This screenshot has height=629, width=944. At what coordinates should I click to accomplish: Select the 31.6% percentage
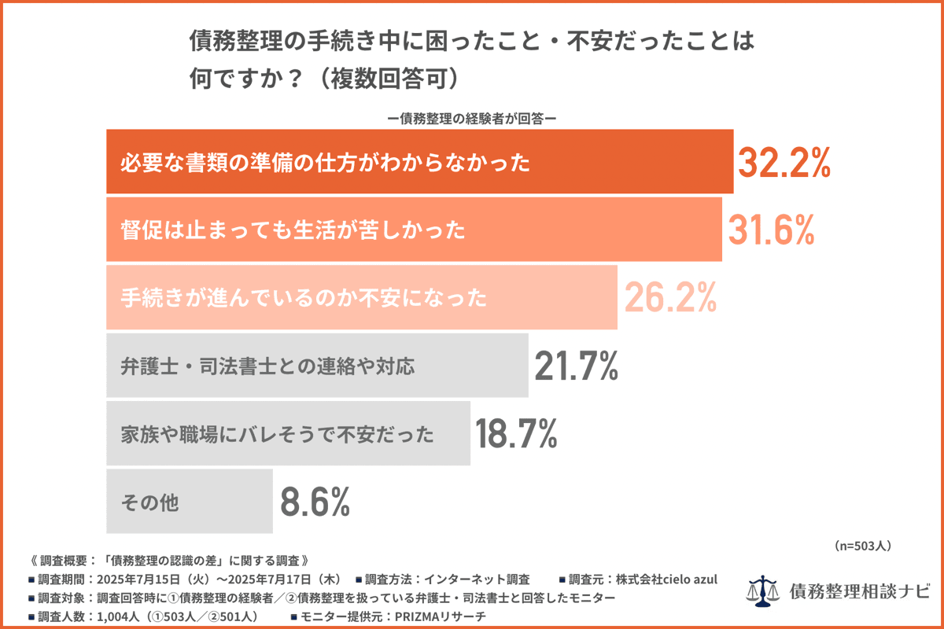(x=771, y=230)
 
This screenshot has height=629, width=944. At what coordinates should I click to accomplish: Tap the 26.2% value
(x=670, y=298)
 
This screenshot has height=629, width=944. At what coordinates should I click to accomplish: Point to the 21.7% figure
(x=576, y=366)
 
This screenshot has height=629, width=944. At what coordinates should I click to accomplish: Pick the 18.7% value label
(x=517, y=433)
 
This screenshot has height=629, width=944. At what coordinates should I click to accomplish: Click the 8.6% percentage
(x=315, y=502)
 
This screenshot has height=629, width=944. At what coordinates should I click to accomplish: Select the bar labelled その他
(x=190, y=502)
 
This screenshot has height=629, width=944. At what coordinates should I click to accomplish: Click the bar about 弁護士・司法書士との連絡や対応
(x=317, y=366)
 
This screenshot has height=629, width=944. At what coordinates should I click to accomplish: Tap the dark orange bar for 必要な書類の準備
(x=419, y=162)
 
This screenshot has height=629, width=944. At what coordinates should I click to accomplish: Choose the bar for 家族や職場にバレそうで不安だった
(x=288, y=433)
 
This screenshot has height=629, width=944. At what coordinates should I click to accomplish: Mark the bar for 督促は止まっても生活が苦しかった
(x=414, y=230)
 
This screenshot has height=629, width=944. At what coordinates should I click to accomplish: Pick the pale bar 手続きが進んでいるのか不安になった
(x=362, y=298)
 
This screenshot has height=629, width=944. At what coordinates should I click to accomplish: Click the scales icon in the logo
(x=761, y=589)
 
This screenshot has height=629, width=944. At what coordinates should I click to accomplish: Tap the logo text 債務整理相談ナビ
(x=858, y=590)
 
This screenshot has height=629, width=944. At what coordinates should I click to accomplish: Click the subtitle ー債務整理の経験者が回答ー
(x=472, y=119)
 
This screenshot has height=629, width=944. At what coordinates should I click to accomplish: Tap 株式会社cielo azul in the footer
(x=667, y=579)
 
